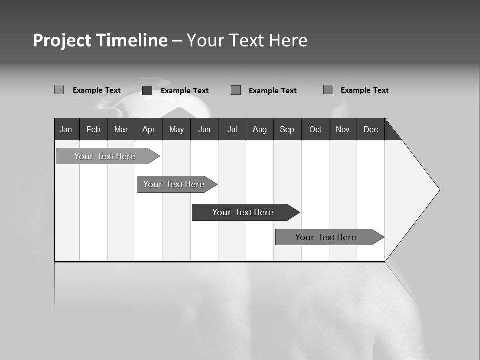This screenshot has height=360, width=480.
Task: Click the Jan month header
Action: pos(66,129)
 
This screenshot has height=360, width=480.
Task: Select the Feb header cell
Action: pos(93,129)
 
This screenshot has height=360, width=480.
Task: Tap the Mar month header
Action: pos(121,129)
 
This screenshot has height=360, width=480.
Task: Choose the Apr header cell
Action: pos(149,129)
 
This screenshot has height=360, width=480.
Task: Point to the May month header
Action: pos(176,129)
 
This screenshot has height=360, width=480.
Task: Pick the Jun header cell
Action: pos(204,129)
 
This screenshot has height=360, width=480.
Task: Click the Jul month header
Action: pos(232,129)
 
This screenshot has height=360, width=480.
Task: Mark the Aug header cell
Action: pos(260,129)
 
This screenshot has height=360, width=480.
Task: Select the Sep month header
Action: pos(287,129)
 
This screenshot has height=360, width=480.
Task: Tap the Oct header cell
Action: pos(315,129)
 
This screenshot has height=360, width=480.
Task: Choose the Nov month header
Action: pos(343,129)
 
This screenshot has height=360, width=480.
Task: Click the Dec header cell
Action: pos(371,129)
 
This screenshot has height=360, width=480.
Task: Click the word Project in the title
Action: pos(61,40)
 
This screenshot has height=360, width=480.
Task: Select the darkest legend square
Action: pos(147,90)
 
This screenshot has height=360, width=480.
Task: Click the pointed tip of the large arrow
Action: pos(438,190)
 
